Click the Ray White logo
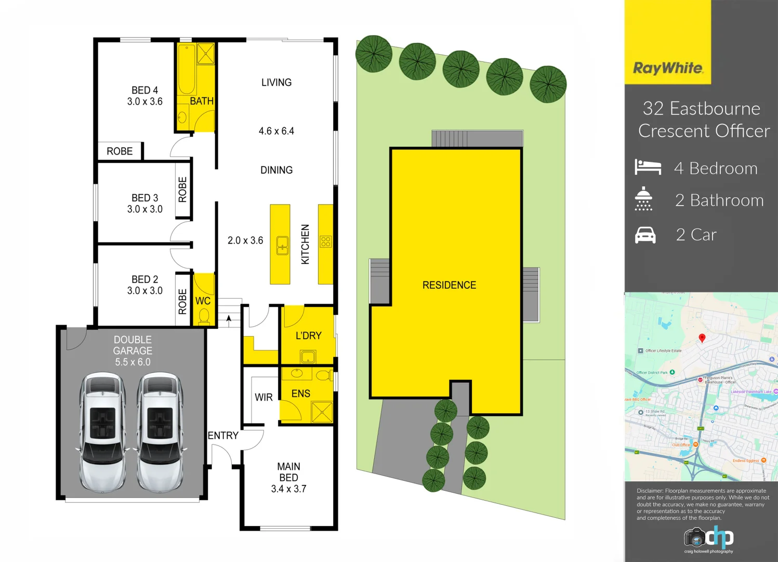668,68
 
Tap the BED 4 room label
144,90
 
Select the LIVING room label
276,82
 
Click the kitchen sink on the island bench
282,245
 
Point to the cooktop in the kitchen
326,241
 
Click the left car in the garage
102,432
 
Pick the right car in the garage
160,432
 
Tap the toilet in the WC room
204,316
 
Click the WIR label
263,397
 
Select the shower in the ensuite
321,412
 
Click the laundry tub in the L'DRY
308,356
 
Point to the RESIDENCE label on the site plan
449,285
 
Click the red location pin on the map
702,338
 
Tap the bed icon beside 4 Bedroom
648,167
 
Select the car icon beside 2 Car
645,235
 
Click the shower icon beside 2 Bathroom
643,199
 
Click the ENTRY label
223,436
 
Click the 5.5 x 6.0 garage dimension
133,362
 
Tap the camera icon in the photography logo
694,537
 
